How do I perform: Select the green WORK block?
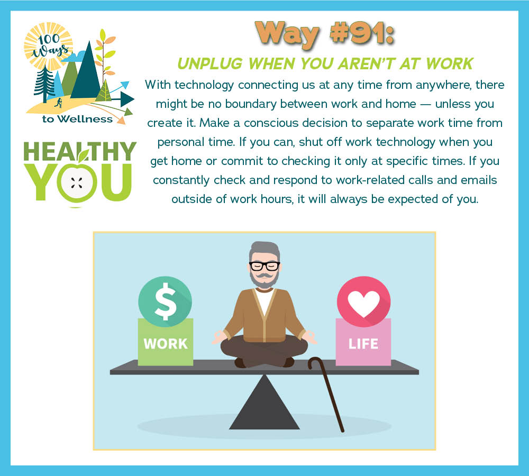(165, 342)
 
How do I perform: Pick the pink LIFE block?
(363, 342)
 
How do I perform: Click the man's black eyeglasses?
(264, 266)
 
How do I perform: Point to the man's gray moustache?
(264, 276)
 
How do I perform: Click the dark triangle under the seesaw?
(264, 402)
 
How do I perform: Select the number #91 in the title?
(361, 33)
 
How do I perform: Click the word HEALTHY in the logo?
(80, 151)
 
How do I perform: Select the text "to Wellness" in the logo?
(77, 119)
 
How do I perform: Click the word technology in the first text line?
(204, 85)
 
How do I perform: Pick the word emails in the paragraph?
(479, 180)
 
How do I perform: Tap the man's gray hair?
(264, 249)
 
